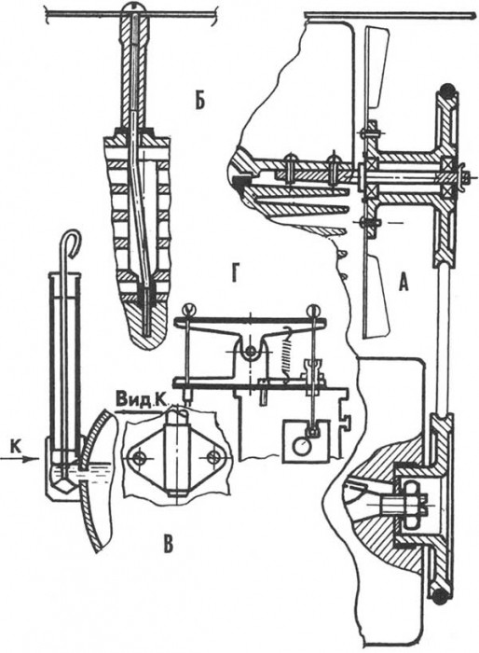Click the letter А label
coord(403,284)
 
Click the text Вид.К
coord(142,400)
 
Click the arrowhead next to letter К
coord(27,459)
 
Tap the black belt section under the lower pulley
coord(440,596)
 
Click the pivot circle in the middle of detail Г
coord(251,351)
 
